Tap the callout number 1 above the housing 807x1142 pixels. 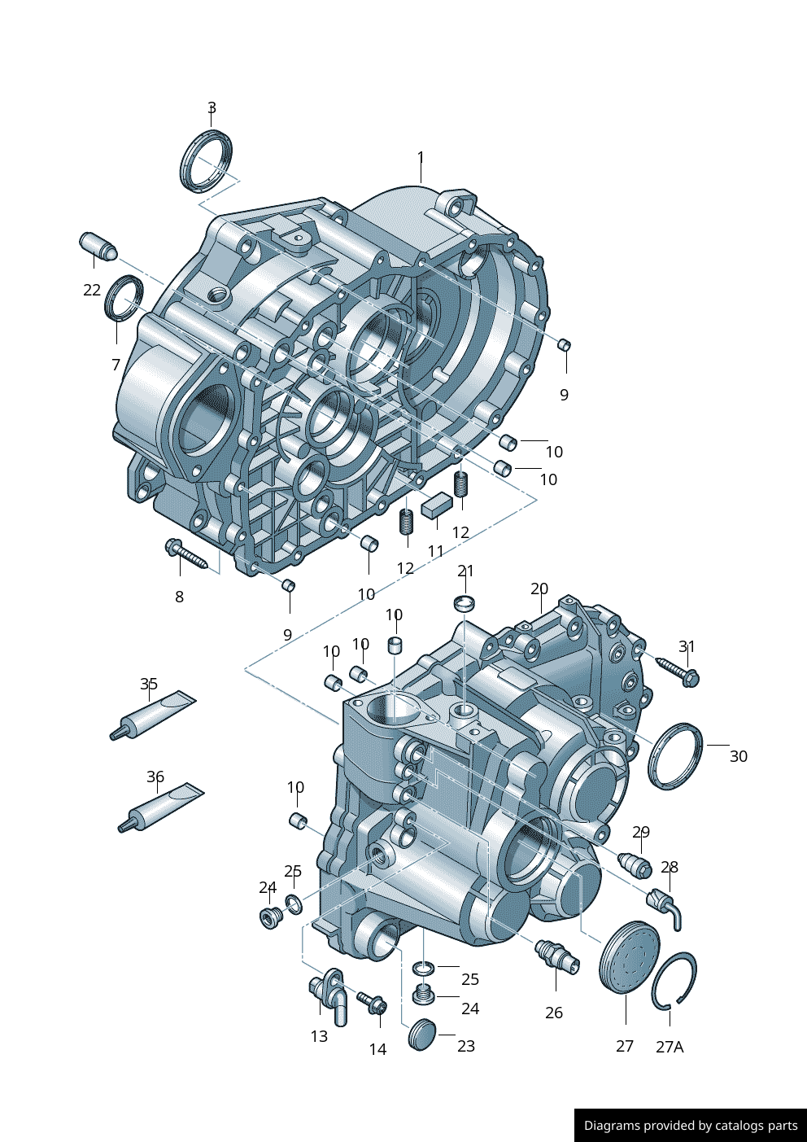pyautogui.click(x=421, y=158)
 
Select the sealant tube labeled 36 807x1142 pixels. pyautogui.click(x=160, y=807)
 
